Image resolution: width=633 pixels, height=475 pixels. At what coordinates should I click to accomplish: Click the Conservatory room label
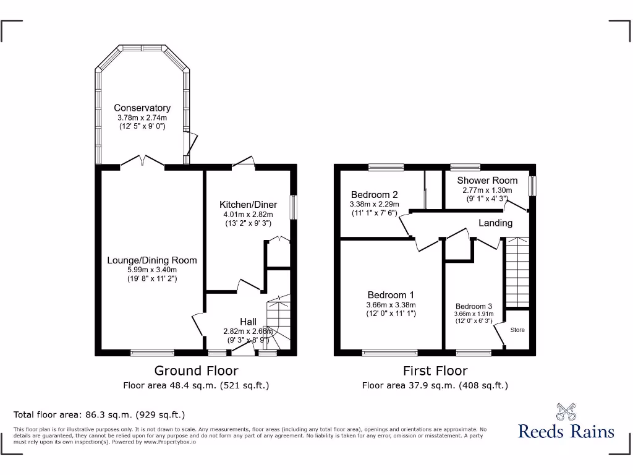pos(142,108)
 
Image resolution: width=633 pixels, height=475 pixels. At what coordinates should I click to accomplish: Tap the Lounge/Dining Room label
pos(152,260)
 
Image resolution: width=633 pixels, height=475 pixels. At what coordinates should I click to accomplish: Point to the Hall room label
pos(248,322)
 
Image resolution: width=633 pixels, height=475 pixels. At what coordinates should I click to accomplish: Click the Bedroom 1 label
pos(391,295)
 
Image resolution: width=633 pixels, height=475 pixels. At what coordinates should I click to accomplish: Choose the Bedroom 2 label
pos(375,193)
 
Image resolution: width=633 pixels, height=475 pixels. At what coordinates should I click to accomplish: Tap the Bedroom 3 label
pos(474,306)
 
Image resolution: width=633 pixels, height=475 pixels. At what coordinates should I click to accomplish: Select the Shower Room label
pos(486,181)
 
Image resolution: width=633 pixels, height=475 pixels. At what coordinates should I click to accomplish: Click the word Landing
pos(495,223)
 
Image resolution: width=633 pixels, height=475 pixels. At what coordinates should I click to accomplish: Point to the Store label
pos(517,330)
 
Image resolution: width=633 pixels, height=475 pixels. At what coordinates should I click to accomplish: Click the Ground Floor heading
pos(196,370)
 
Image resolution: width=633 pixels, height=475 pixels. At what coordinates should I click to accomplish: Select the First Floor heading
pos(435,370)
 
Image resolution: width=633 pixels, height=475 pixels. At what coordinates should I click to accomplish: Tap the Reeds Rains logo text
pos(566,431)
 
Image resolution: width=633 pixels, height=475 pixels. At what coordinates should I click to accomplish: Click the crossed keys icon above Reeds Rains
pos(566,411)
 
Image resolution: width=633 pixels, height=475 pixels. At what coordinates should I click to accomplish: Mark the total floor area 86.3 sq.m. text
pos(99,414)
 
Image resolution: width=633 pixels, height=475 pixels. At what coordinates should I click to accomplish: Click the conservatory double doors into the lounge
pos(143,162)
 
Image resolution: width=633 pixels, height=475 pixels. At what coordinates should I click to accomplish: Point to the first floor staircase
pos(517,272)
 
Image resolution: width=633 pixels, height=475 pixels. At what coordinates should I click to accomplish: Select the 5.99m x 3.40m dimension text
pos(152,270)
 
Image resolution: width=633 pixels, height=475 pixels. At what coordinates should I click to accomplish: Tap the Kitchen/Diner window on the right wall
pos(294,207)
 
